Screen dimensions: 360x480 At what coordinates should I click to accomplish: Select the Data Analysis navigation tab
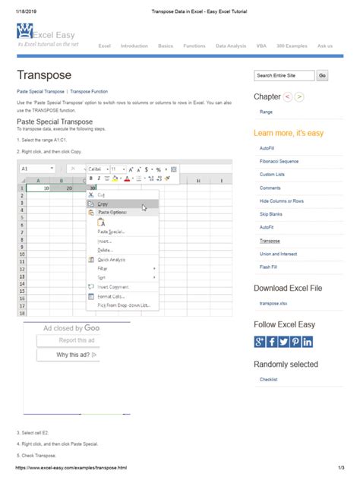(230, 46)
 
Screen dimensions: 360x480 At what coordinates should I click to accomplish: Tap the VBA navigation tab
(261, 46)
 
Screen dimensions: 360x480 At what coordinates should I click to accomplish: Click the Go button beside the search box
(323, 76)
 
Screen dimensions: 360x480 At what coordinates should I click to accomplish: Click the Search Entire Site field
(284, 76)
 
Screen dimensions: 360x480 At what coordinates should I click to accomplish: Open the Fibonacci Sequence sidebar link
(277, 161)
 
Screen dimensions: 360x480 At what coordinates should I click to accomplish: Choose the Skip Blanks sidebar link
(270, 214)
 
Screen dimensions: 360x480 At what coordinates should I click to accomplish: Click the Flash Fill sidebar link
(267, 267)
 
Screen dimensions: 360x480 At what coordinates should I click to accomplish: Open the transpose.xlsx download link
(273, 303)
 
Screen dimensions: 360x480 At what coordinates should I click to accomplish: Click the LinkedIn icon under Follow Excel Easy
(308, 342)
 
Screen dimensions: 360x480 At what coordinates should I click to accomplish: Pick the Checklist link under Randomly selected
(269, 379)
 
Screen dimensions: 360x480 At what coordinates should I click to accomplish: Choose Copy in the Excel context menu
(103, 204)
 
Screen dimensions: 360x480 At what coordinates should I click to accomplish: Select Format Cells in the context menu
(110, 296)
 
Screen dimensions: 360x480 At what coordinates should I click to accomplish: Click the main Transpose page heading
(44, 75)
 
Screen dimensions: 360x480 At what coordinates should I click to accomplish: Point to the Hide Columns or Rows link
(281, 201)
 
